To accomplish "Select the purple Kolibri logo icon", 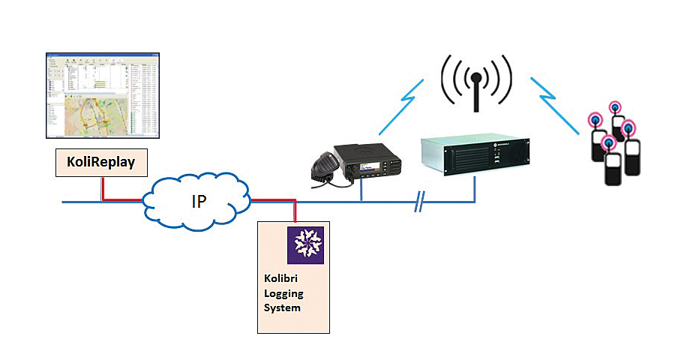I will [x=306, y=244].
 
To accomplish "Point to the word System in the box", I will [x=282, y=307].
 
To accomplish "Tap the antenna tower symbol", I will [x=475, y=81].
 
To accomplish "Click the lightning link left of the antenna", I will [x=405, y=105].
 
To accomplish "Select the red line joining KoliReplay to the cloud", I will [x=124, y=200].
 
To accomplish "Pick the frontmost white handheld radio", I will [x=614, y=168].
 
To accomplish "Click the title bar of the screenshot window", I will [x=103, y=55].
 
